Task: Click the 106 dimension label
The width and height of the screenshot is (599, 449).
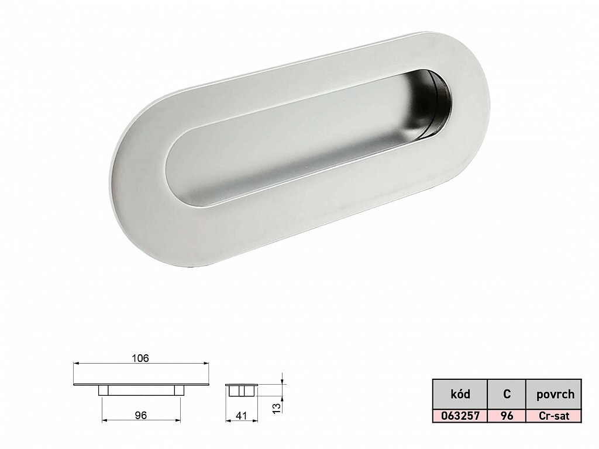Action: click(x=140, y=358)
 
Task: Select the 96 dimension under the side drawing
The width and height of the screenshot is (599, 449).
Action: click(x=141, y=415)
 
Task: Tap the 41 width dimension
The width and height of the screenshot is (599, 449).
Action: click(x=240, y=415)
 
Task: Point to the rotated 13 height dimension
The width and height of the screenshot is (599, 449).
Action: click(x=277, y=407)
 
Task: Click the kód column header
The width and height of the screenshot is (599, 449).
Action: click(x=460, y=393)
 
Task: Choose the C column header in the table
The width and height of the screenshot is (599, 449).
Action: click(x=507, y=393)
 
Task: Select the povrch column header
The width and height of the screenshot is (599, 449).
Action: click(x=555, y=394)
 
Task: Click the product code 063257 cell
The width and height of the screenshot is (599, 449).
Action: click(x=460, y=416)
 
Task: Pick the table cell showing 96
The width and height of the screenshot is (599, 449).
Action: click(x=507, y=416)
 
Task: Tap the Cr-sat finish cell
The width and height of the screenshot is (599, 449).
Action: click(x=553, y=416)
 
